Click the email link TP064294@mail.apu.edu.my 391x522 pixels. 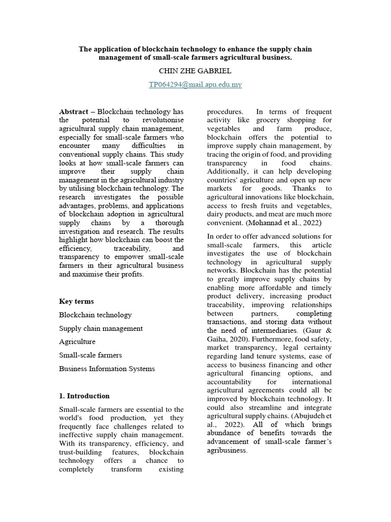(x=195, y=85)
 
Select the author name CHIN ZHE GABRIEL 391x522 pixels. (x=195, y=71)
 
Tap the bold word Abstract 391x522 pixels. (x=74, y=112)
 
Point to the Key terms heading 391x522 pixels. (x=76, y=301)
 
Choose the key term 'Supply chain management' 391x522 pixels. (x=101, y=328)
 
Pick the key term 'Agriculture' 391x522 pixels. (x=77, y=342)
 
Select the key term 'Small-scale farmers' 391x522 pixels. (x=91, y=355)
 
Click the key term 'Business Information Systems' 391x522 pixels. (x=107, y=368)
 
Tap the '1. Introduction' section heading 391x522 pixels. (x=84, y=396)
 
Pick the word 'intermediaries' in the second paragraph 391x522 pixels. (x=269, y=330)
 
